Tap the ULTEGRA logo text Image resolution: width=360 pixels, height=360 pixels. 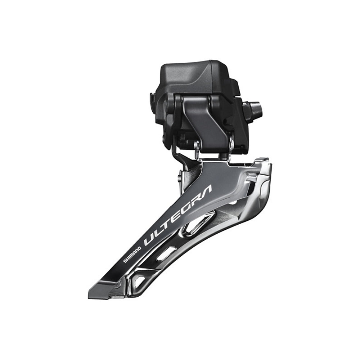178,216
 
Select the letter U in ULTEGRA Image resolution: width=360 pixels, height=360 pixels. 149,240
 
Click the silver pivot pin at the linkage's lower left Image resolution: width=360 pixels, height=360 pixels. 197,146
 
